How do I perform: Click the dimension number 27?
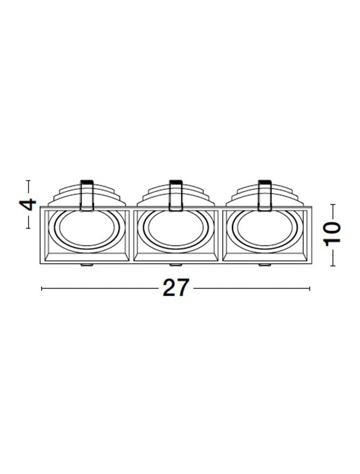176,287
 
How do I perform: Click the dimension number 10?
332,234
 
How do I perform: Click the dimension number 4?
28,205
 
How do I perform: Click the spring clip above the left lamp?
87,195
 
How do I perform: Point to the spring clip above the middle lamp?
176,195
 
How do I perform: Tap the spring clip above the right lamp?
264,195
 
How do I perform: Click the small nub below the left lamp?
87,265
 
